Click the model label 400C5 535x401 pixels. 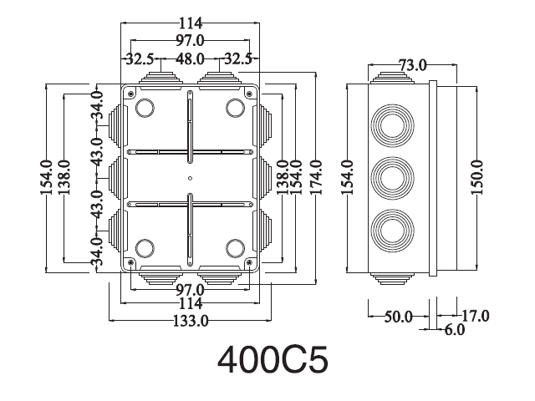pyautogui.click(x=273, y=360)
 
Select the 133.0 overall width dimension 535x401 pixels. pyautogui.click(x=191, y=321)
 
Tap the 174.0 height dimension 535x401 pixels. pyautogui.click(x=316, y=177)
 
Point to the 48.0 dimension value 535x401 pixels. pyautogui.click(x=190, y=59)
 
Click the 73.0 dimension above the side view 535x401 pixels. pyautogui.click(x=413, y=65)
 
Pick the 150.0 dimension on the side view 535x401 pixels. pyautogui.click(x=477, y=177)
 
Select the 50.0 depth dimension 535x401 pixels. pyautogui.click(x=399, y=317)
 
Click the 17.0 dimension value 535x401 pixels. pyautogui.click(x=476, y=316)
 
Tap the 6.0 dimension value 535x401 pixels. pyautogui.click(x=455, y=330)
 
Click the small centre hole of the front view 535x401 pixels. pyautogui.click(x=190, y=178)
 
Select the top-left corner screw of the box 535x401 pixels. pyautogui.click(x=130, y=94)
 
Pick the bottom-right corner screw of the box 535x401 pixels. pyautogui.click(x=249, y=262)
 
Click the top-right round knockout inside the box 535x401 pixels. pyautogui.click(x=236, y=108)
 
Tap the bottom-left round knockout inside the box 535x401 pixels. pyautogui.click(x=145, y=248)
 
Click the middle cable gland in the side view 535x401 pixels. pyautogui.click(x=392, y=178)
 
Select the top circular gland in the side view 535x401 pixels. pyautogui.click(x=392, y=126)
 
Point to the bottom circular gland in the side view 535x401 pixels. pyautogui.click(x=392, y=231)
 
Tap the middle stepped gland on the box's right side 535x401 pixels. pyautogui.click(x=266, y=178)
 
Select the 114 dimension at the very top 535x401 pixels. pyautogui.click(x=191, y=23)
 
